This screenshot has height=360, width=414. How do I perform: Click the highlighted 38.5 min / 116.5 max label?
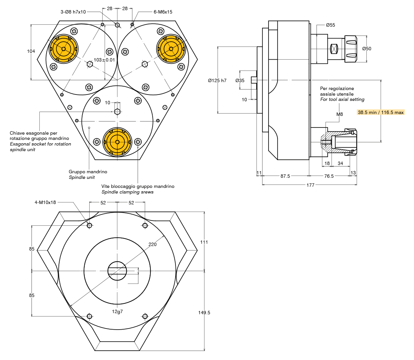(x=381, y=112)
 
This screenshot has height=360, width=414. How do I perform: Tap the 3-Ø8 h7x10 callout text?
(x=73, y=12)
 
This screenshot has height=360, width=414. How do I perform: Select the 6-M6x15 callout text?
(x=163, y=12)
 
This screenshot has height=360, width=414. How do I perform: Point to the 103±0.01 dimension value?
(x=104, y=60)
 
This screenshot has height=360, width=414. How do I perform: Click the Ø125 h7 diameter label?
(x=217, y=81)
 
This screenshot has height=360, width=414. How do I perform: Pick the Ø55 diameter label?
(x=330, y=25)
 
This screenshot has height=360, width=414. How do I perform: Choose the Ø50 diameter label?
(x=366, y=49)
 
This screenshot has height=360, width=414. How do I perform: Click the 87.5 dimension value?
(x=285, y=176)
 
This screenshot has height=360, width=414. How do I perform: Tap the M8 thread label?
(x=339, y=114)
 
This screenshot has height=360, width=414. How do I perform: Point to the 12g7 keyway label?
(x=117, y=311)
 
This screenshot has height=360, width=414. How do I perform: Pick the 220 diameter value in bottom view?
(x=152, y=244)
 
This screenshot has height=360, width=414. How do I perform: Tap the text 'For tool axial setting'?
(x=342, y=99)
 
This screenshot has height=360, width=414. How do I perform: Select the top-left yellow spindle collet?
(x=63, y=49)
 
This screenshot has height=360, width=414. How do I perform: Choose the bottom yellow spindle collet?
(x=117, y=142)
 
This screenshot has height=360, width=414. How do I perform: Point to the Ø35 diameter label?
(x=240, y=81)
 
